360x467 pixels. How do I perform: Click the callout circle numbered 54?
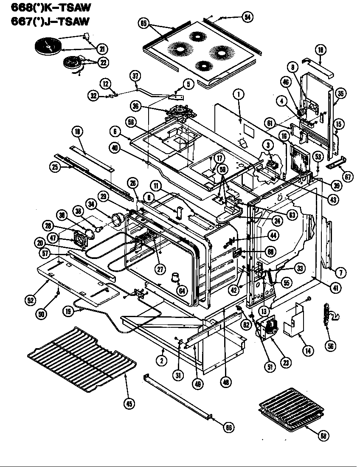click(x=247, y=17)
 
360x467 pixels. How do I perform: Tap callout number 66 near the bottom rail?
click(x=229, y=428)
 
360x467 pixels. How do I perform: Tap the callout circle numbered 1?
click(x=239, y=95)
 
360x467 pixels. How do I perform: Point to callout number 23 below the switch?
click(x=286, y=362)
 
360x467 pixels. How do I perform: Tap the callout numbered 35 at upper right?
click(x=339, y=94)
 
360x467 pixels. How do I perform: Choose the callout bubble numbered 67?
click(x=348, y=177)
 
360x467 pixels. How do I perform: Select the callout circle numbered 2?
click(x=162, y=361)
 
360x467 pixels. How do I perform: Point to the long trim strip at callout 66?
click(x=178, y=397)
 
